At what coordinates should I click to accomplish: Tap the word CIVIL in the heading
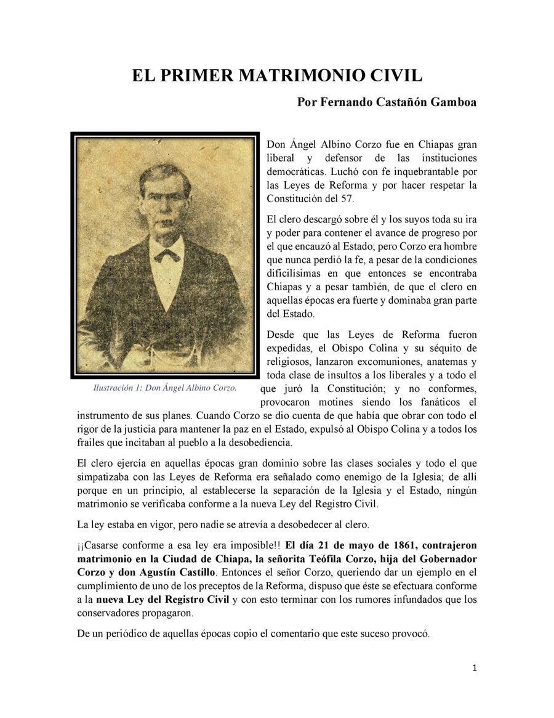[391, 76]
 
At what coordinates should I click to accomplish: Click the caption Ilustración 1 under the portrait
[164, 388]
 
